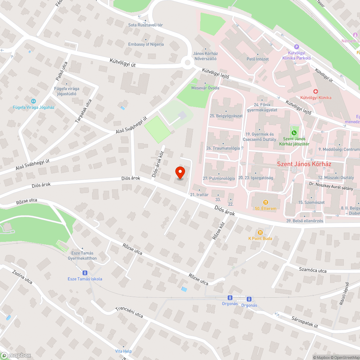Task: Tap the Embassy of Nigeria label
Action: (146, 44)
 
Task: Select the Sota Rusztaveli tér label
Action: (145, 25)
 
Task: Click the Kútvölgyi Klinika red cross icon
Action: (315, 91)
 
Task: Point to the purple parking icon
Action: (297, 46)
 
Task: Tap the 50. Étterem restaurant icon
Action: (266, 202)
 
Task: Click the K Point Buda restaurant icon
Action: (260, 233)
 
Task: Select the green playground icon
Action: (294, 133)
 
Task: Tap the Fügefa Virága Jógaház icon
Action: (33, 102)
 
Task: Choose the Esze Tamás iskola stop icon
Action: (85, 273)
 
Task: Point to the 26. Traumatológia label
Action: (223, 148)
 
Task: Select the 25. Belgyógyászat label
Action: (226, 116)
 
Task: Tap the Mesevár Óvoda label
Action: (205, 87)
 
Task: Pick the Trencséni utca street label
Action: (129, 312)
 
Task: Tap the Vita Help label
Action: (123, 351)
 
